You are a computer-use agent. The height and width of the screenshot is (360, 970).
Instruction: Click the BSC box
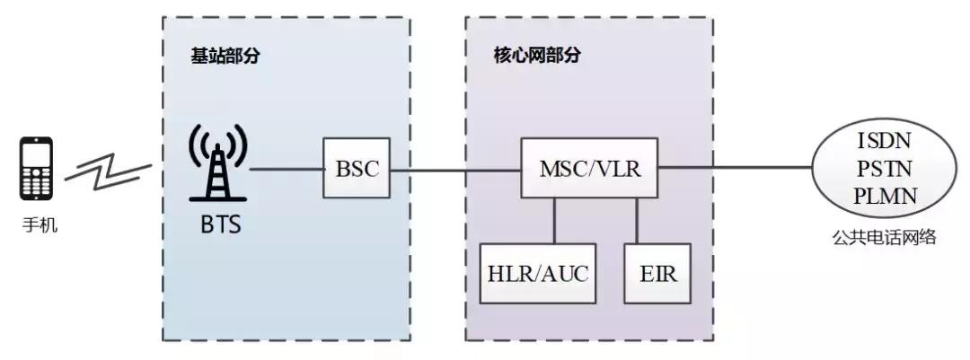coord(357,169)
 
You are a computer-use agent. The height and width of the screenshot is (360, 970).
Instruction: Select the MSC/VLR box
coord(589,168)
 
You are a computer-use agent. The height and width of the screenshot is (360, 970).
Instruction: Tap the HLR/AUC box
coord(538,273)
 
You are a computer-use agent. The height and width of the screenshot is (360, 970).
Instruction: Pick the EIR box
coord(657,273)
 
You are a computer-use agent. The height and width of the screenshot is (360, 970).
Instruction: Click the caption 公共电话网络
coord(886,237)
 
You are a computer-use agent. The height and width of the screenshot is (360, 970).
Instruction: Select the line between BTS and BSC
coord(287,169)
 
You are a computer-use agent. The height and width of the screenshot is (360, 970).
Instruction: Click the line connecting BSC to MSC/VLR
coord(456,169)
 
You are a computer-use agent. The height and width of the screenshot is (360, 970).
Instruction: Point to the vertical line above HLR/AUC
coord(555,220)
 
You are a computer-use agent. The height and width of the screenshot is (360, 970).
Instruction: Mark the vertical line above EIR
coord(638,220)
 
